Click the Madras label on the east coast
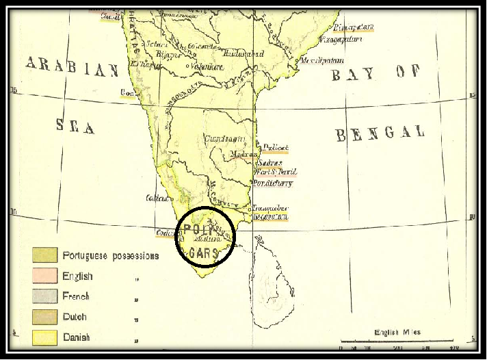coord(243,155)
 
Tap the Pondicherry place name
coord(273,183)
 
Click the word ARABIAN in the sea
coord(73,67)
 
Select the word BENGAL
coord(380,133)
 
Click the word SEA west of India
coord(75,125)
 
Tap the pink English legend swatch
coord(44,277)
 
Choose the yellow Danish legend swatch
coord(44,337)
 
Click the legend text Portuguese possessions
coord(110,256)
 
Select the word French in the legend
coord(76,297)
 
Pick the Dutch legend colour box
coord(44,317)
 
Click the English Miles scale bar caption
coord(397,333)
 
